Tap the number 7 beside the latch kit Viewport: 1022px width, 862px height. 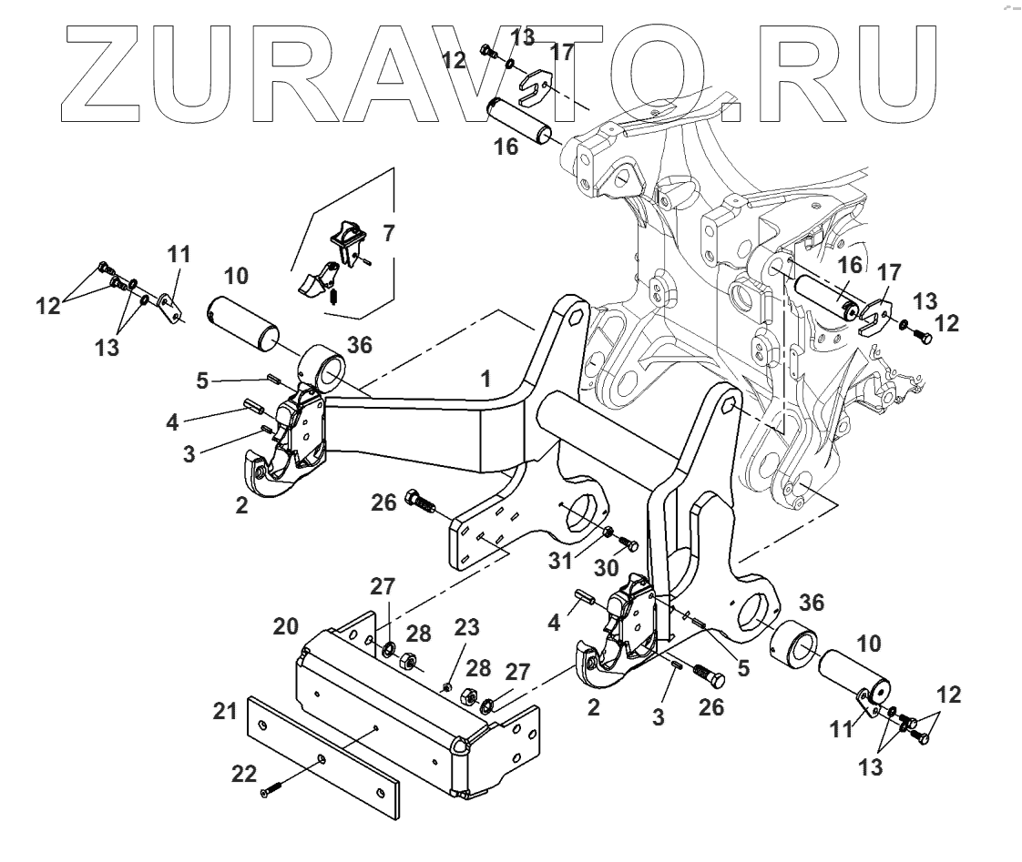point(389,233)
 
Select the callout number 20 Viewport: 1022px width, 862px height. point(284,627)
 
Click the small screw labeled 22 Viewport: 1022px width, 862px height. point(272,789)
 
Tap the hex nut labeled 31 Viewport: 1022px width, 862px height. point(608,531)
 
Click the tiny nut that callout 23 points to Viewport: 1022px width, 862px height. point(448,685)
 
